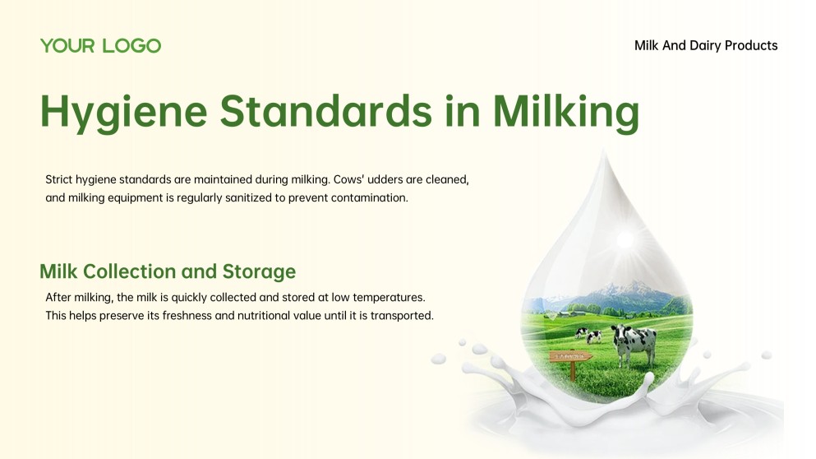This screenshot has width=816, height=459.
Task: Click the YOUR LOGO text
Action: pos(100,46)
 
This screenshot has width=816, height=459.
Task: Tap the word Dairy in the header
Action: pos(705,46)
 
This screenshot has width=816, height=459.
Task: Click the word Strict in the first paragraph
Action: pos(59,178)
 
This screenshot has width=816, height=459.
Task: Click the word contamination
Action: pos(366,197)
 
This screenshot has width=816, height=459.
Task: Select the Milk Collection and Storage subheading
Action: pos(168,271)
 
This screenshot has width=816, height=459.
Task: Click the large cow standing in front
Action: pos(634,342)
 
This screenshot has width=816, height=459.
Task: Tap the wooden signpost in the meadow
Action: pos(572,359)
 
